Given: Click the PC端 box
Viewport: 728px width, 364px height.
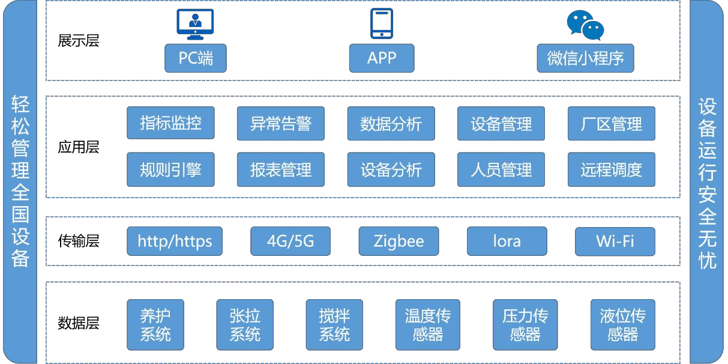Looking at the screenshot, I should pos(196,58).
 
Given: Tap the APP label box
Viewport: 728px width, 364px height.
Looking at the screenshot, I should pos(382,58).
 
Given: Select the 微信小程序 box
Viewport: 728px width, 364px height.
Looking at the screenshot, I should pos(585,58).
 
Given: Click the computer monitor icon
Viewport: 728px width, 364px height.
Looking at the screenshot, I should pos(195,23).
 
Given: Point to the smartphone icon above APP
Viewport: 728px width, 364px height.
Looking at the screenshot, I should pos(382,23).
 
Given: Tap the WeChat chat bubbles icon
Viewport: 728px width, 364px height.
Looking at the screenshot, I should pos(585,25).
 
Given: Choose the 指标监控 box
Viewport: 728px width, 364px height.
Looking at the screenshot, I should pos(170,123).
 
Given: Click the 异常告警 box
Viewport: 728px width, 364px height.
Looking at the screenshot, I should pos(281,123).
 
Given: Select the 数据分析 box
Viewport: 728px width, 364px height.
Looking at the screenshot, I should pos(391,123).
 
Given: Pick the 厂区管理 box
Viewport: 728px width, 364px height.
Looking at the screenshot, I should pos(611,123).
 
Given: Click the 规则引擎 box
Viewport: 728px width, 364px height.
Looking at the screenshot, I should pos(170,169).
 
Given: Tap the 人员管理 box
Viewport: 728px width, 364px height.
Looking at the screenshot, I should pos(501,169).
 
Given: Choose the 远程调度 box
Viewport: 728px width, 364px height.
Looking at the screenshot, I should pos(611,169).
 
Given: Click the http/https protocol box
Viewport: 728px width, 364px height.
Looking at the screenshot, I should pos(175,241).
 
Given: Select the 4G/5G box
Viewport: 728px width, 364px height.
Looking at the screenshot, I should pos(290,241).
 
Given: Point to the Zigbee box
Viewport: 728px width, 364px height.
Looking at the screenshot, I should pos(399,241).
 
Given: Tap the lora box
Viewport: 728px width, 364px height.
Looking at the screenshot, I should pos(507,241).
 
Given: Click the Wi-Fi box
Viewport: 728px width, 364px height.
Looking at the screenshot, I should pos(615,241).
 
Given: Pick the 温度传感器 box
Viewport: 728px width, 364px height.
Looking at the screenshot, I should pos(428,324).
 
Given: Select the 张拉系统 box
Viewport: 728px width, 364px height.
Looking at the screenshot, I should pos(245,324).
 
